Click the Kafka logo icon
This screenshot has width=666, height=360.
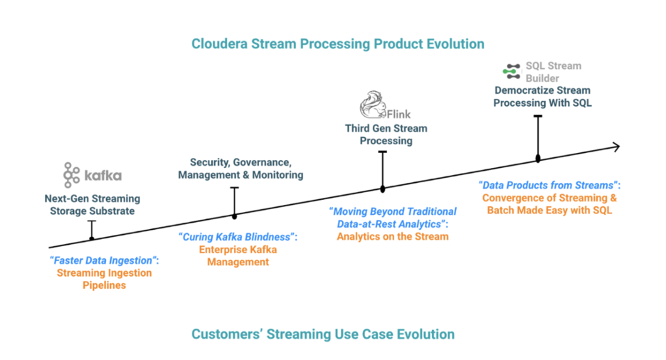coord(71,175)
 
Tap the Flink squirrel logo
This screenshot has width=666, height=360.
coord(373,105)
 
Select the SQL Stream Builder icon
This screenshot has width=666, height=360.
coord(512,71)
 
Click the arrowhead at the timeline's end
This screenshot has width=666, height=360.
coord(616,147)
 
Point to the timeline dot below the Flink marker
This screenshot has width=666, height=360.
coord(383,189)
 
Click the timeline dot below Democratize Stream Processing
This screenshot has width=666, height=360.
coord(538,159)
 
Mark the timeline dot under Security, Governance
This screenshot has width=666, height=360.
coord(235,216)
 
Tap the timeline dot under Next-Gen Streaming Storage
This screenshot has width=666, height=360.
coord(92,239)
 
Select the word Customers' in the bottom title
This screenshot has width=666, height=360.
coord(226,334)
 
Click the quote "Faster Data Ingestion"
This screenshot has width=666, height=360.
coord(104,260)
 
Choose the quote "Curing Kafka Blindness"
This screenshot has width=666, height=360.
coord(237,237)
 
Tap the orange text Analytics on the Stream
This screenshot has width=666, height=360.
coord(393,236)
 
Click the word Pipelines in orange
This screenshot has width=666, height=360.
coord(105,285)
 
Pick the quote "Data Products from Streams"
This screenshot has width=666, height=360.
coord(548,185)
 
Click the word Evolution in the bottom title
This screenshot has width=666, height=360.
coord(426,334)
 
